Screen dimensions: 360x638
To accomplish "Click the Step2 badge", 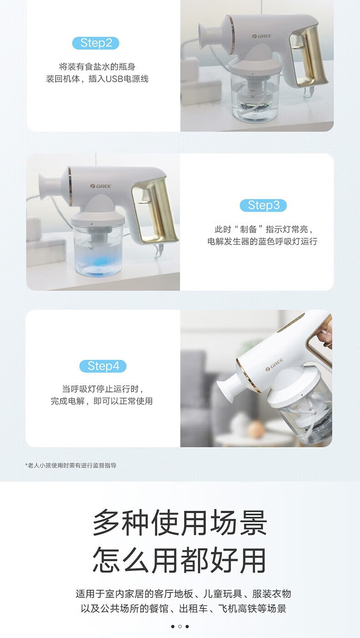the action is click(x=96, y=43).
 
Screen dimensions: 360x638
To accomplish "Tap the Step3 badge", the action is click(x=263, y=206).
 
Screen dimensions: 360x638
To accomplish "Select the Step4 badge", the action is click(x=103, y=366).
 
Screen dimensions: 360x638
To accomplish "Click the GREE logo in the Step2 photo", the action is click(x=262, y=36).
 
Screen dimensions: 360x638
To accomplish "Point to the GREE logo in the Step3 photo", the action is click(x=101, y=186).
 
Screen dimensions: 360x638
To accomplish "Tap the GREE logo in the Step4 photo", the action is click(x=274, y=365).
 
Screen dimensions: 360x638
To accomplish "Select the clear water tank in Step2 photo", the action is click(x=252, y=95).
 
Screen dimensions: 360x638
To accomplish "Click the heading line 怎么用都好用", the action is click(x=180, y=560).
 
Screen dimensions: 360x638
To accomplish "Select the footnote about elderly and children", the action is click(x=71, y=465).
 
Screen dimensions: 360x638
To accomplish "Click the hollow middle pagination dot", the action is click(x=180, y=626).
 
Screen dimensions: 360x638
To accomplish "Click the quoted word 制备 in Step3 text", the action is click(x=248, y=229).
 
